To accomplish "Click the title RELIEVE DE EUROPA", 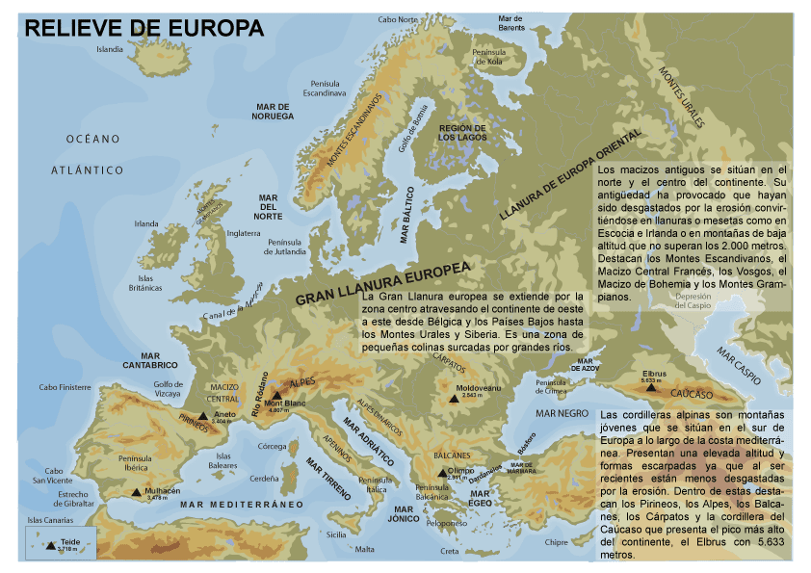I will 144,28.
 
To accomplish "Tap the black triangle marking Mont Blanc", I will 276,396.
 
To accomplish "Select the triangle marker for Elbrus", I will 648,372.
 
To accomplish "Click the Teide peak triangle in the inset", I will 50,546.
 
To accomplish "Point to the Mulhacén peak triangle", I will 136,491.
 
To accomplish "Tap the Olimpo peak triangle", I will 442,472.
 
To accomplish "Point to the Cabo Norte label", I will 398,19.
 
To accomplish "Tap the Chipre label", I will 557,542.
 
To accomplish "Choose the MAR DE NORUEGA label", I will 274,111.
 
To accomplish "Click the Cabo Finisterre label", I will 65,387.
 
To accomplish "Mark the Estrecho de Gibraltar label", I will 73,499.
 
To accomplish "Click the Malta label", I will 364,549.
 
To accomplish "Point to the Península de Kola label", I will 488,56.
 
